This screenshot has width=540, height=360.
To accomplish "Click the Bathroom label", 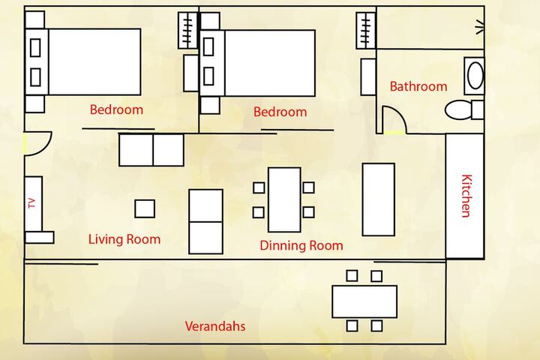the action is tap(418, 86).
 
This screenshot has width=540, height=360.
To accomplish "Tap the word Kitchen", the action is tap(466, 196).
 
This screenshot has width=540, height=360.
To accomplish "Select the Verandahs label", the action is tap(215, 326).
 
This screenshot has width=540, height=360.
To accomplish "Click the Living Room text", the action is tap(124, 239).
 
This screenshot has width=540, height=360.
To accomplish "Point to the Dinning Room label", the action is tap(301, 245).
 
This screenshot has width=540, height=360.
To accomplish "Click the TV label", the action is tap(32, 203).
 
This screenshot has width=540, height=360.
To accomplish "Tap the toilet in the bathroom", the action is tap(464, 110).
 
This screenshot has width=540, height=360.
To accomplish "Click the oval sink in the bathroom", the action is tap(475, 76).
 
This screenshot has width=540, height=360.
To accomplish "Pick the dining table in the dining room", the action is tap(284, 199).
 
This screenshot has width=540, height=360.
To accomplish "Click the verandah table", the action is tap(364, 301).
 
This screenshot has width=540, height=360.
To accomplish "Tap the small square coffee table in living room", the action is tap(145, 208).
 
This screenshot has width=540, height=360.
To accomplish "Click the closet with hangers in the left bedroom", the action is tap(187, 30).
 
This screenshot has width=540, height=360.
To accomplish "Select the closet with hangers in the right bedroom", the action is tap(366, 30).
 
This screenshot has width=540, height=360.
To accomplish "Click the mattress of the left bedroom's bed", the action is tap(94, 61).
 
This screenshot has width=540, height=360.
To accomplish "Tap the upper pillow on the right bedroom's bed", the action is tap(208, 46).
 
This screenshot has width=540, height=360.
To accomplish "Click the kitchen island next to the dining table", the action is tap(379, 199).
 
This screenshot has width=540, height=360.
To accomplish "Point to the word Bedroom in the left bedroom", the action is tap(116, 109).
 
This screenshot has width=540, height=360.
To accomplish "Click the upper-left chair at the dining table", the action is tap(259, 187).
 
